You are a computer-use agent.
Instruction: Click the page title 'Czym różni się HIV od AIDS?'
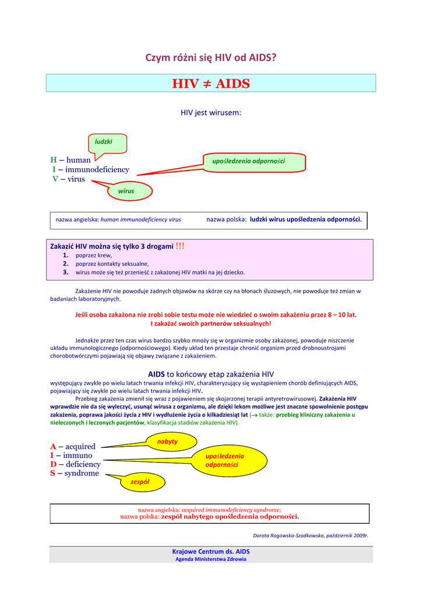[x=210, y=58]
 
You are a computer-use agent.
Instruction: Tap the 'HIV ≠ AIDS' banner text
[x=210, y=84]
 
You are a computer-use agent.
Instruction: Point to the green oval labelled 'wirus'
[x=126, y=191]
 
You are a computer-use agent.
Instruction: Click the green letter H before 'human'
[x=53, y=159]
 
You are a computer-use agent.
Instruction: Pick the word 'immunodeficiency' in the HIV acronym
[x=97, y=169]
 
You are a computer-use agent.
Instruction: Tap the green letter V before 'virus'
[x=55, y=179]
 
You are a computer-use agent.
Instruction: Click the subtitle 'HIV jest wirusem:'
[x=210, y=112]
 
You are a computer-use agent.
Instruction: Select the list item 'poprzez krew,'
[x=94, y=255]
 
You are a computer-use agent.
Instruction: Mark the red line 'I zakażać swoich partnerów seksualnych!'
[x=210, y=323]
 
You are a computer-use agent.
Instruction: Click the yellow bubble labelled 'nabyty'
[x=167, y=441]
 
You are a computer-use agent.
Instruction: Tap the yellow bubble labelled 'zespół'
[x=140, y=482]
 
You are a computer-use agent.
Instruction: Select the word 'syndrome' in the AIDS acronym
[x=81, y=473]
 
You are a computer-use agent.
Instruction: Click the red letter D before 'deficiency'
[x=53, y=464]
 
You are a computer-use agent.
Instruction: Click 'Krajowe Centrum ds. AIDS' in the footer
[x=210, y=551]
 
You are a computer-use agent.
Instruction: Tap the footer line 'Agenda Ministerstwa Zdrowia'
[x=210, y=559]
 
